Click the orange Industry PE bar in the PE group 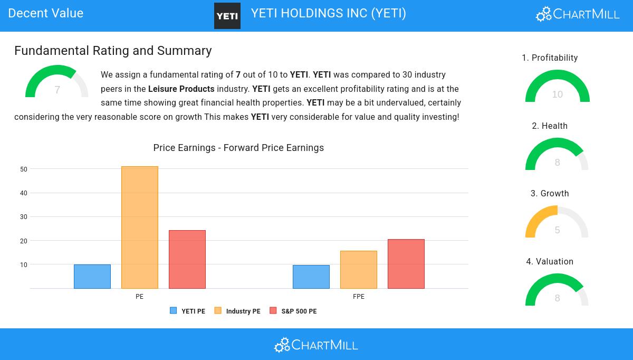[140, 228]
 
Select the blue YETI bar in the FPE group [311, 277]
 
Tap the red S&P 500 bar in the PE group [187, 259]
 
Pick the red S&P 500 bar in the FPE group [406, 264]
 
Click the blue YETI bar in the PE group [92, 277]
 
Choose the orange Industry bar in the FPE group [359, 270]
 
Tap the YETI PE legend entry [188, 311]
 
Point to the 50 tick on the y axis [24, 169]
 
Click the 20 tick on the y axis [24, 241]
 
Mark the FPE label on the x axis [359, 297]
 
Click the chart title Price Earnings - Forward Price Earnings [238, 148]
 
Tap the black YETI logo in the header [227, 16]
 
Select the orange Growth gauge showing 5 [557, 223]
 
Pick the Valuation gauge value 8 [557, 298]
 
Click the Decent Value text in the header [46, 13]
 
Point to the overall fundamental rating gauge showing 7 [57, 82]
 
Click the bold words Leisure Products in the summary [181, 89]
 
